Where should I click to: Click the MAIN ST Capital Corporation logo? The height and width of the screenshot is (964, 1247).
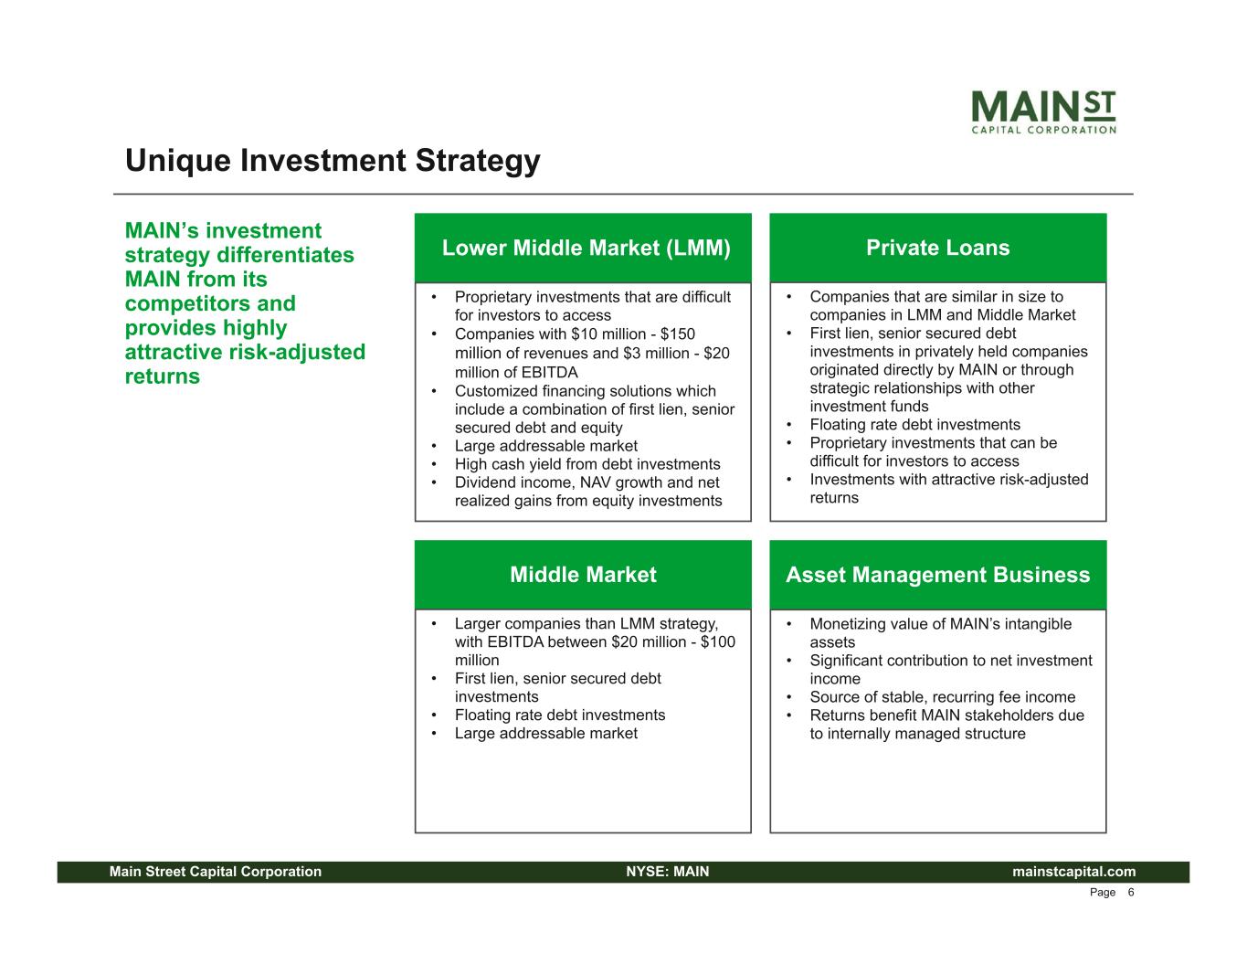(x=1044, y=111)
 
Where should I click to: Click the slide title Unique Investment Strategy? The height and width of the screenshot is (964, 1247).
(x=333, y=160)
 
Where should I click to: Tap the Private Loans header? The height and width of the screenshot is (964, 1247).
(x=937, y=248)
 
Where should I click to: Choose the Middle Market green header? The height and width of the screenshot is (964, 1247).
(x=583, y=575)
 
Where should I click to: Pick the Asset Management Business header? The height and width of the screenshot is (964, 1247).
(x=937, y=575)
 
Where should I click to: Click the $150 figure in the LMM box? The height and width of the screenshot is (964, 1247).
(x=678, y=334)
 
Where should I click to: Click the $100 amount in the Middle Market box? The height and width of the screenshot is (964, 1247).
(x=718, y=641)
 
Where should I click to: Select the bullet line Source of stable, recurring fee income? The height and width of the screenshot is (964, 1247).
(x=942, y=697)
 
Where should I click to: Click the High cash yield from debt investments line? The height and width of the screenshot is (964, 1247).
(x=587, y=464)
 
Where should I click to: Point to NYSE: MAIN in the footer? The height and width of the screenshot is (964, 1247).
(x=668, y=872)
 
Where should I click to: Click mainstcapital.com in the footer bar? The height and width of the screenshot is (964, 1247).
(x=1073, y=872)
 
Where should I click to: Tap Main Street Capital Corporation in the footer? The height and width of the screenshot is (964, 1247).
(x=216, y=872)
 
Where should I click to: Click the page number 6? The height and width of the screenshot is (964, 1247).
(x=1130, y=893)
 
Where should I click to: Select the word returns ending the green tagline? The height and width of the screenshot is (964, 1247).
(x=163, y=376)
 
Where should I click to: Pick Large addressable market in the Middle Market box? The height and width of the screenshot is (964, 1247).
(x=545, y=734)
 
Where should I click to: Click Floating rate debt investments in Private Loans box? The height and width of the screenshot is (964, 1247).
(x=914, y=425)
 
